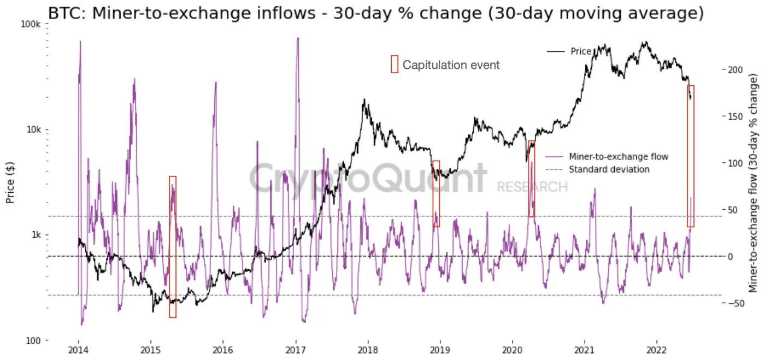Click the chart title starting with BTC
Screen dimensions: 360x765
pos(376,13)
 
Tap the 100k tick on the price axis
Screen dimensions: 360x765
pos(31,25)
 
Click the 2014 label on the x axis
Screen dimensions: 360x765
pos(79,350)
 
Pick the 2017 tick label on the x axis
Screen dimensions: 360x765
pos(296,350)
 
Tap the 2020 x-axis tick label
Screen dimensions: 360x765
pos(513,350)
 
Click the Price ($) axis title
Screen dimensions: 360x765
pos(10,182)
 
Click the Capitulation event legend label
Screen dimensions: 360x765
pos(451,65)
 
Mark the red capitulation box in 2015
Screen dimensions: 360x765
pos(173,246)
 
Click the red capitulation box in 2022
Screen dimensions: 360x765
pos(691,156)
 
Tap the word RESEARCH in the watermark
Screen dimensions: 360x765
pos(532,187)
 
